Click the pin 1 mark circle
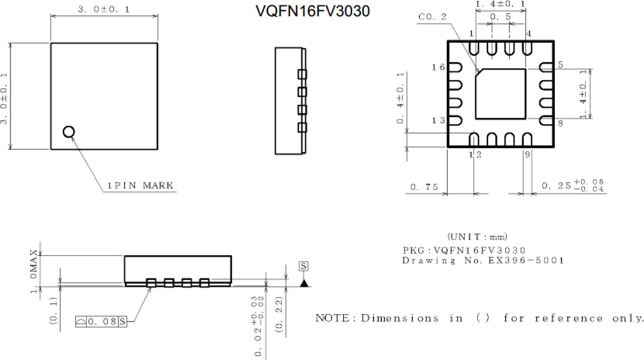tap(69, 132)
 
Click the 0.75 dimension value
tap(424, 187)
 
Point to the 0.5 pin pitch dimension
tap(500, 17)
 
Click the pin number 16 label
tap(438, 67)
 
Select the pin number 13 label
tap(438, 121)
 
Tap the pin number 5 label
tap(561, 64)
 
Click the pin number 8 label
tap(561, 123)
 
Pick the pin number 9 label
tap(528, 155)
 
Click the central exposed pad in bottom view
tap(501, 94)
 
